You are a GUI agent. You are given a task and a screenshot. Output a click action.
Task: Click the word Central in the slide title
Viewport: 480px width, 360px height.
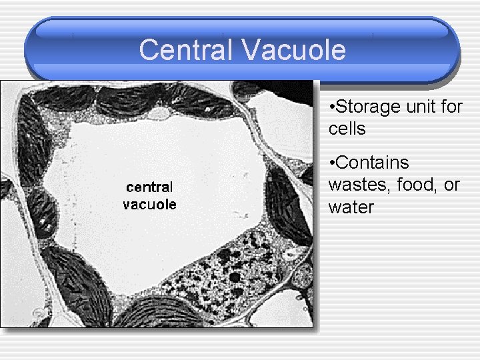click(183, 51)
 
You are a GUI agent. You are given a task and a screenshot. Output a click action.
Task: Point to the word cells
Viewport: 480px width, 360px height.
click(347, 129)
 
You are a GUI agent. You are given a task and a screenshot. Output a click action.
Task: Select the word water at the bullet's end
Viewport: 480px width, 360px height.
click(351, 207)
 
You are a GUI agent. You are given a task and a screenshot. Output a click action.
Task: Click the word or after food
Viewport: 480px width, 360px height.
click(452, 185)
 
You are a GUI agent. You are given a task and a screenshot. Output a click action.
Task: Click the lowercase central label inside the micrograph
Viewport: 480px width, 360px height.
click(149, 187)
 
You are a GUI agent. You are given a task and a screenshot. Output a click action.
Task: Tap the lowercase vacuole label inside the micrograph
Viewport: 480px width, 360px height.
click(149, 204)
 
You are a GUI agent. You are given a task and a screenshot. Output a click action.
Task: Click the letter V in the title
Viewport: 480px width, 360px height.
click(243, 51)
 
